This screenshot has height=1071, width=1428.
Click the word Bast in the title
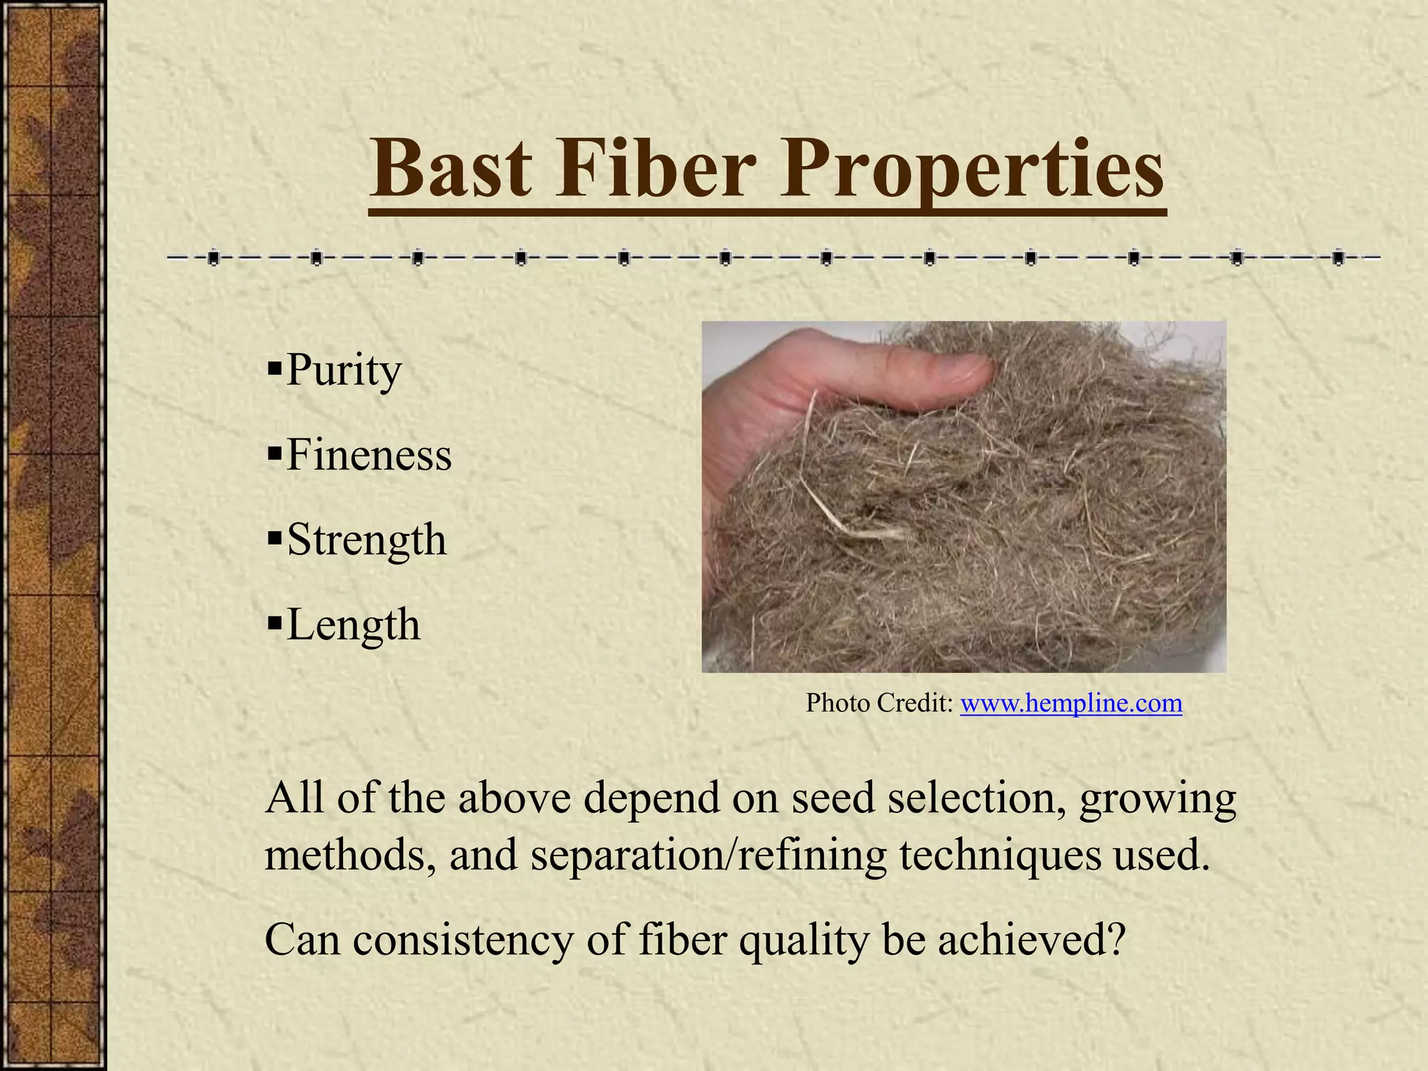[x=450, y=169]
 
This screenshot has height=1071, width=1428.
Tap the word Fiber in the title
[x=655, y=169]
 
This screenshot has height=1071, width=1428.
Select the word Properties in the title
[x=971, y=169]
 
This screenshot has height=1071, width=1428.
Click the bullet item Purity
[x=344, y=370]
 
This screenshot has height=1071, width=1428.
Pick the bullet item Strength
[x=366, y=540]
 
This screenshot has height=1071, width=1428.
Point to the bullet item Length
[x=354, y=624]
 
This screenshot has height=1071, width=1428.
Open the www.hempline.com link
[x=1071, y=703]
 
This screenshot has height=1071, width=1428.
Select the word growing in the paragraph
[x=1157, y=798]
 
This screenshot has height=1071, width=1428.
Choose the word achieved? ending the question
[x=1032, y=940]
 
